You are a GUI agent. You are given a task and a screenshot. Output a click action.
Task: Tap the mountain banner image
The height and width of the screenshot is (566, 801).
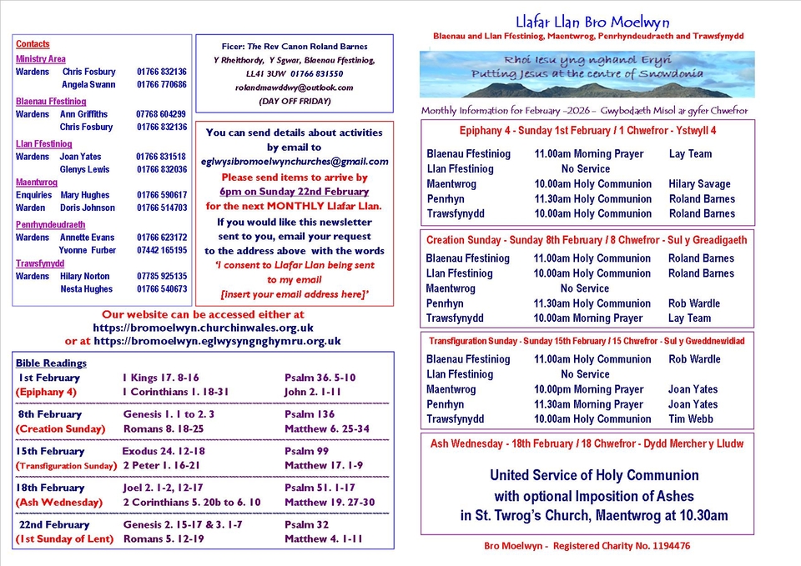(x=587, y=74)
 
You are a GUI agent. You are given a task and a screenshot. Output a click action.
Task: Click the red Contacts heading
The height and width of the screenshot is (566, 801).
(x=33, y=44)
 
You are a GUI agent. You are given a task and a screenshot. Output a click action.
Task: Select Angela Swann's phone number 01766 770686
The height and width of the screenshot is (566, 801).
(x=162, y=85)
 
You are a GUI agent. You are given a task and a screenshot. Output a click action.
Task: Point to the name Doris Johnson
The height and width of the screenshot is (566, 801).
(x=88, y=208)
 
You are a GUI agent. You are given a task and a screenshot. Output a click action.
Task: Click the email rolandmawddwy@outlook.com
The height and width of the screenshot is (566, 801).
(x=294, y=88)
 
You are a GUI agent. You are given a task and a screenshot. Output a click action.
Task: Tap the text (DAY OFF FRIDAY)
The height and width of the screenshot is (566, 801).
(x=294, y=101)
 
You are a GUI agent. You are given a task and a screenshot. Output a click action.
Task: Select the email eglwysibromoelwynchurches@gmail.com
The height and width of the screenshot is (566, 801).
(x=295, y=162)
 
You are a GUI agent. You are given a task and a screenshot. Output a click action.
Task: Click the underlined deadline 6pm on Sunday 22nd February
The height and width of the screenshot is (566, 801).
(x=294, y=192)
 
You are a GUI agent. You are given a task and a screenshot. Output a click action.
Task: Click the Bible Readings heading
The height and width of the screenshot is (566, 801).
(x=51, y=363)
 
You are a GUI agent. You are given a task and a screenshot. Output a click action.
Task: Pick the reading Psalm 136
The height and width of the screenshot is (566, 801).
(x=310, y=414)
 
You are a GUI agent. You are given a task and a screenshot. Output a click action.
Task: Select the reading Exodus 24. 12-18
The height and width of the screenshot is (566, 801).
(x=163, y=451)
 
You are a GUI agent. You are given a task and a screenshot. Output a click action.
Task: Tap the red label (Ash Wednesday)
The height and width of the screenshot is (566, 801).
(x=58, y=503)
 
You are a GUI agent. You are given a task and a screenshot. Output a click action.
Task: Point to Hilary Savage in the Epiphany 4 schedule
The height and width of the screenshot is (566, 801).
(x=699, y=184)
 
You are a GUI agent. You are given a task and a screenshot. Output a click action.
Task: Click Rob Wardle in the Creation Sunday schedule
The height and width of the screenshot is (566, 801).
(x=693, y=303)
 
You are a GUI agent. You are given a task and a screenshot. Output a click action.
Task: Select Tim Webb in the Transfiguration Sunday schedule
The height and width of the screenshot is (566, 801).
(x=690, y=419)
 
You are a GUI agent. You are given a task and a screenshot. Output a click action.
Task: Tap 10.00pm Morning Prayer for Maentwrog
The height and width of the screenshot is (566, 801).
(x=588, y=389)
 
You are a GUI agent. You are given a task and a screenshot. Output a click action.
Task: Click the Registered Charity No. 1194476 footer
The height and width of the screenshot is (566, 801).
(x=587, y=546)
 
